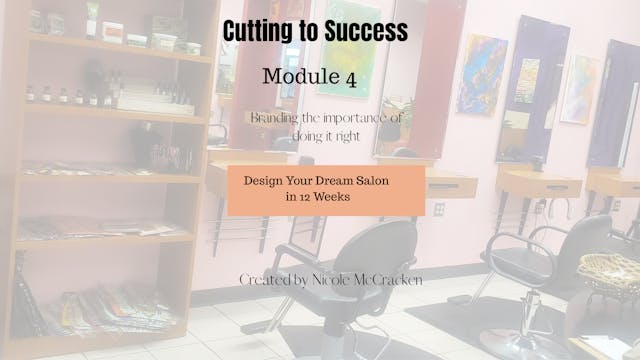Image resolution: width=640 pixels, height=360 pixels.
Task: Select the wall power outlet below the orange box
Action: click(438, 208)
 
